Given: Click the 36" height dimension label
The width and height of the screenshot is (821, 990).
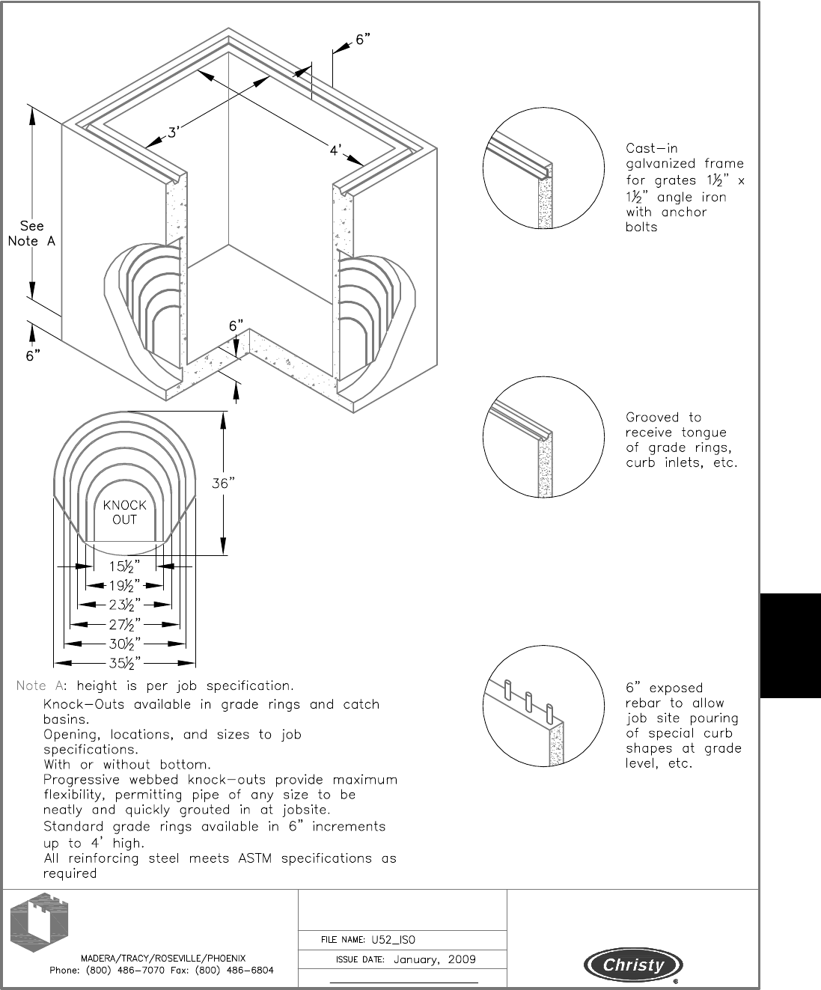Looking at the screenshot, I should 224,483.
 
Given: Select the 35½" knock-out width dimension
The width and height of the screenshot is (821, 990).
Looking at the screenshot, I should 124,662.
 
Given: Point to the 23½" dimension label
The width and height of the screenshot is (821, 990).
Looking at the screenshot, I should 124,605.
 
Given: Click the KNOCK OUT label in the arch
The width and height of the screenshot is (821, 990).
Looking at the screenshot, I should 124,512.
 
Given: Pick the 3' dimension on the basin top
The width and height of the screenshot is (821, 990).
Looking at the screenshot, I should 173,133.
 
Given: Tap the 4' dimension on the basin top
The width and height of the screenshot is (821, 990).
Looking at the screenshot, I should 336,150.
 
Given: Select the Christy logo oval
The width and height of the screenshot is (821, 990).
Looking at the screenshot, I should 634,965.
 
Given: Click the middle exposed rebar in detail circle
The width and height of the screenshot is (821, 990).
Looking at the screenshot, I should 529,702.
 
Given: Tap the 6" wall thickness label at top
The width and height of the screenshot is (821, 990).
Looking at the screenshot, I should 363,40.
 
